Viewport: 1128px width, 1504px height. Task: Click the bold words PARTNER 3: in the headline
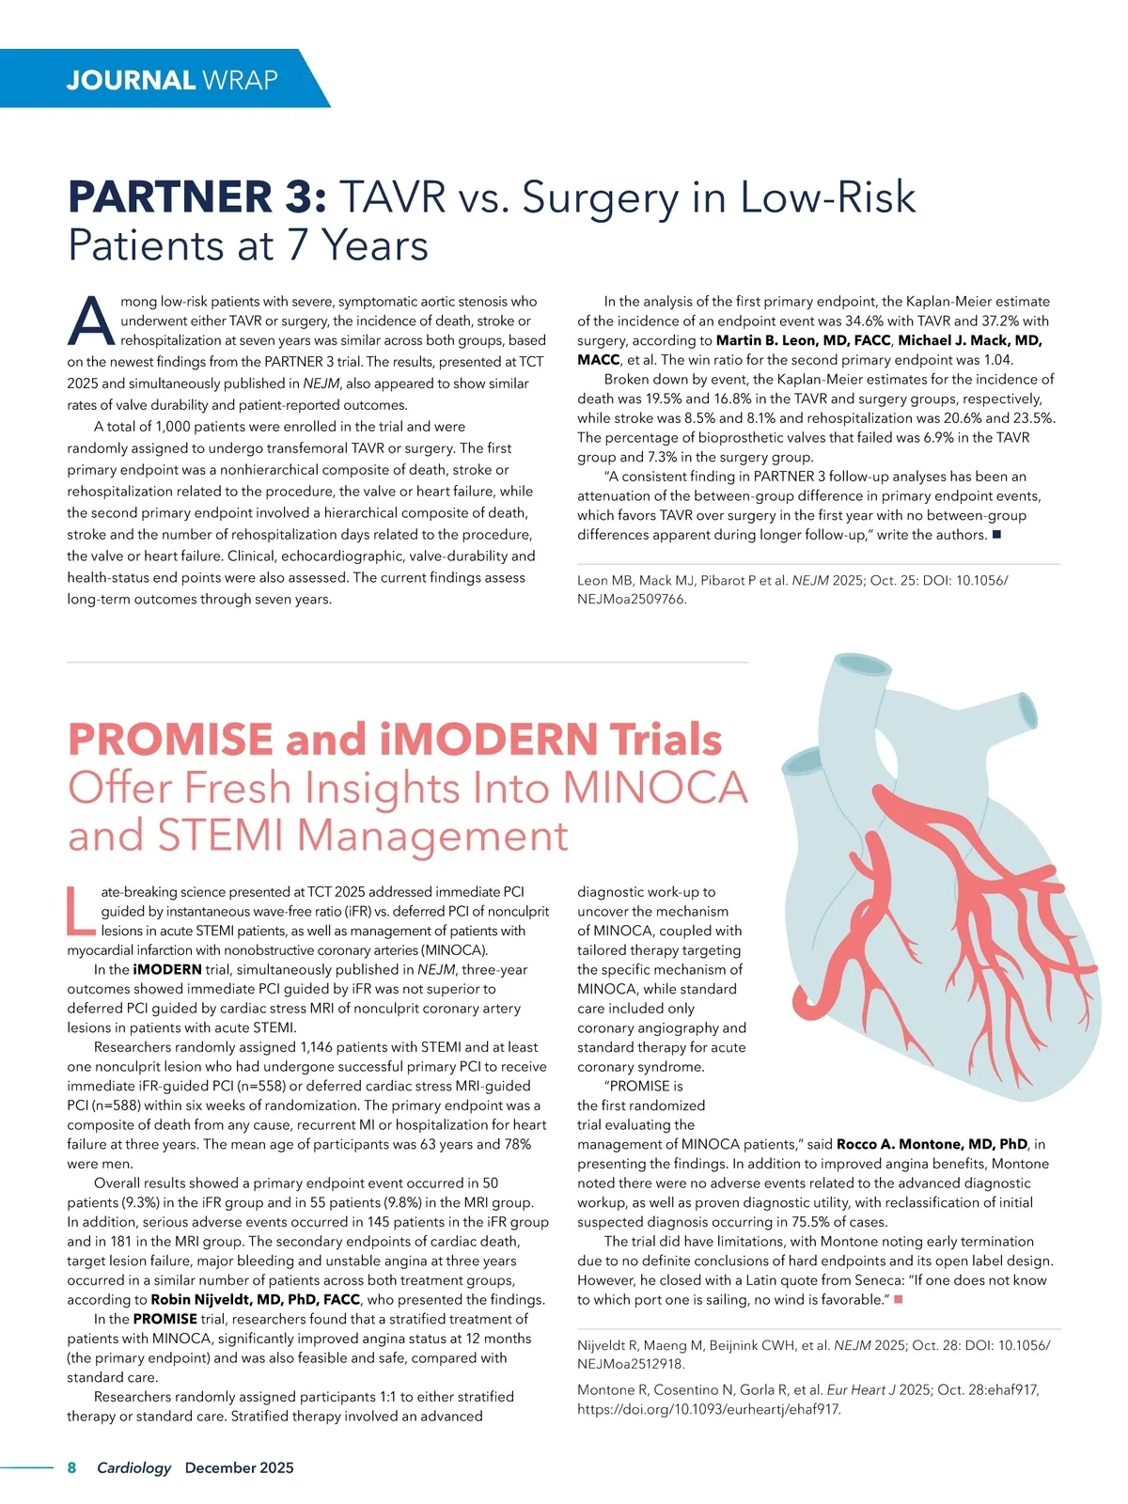tap(197, 198)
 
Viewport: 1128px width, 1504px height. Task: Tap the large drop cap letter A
tap(91, 321)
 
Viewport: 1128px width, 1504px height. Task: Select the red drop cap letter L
tap(81, 912)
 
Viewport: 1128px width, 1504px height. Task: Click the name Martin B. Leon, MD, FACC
tap(803, 340)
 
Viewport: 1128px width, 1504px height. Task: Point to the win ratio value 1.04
tap(998, 360)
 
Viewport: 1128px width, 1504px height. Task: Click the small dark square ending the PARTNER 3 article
tap(997, 535)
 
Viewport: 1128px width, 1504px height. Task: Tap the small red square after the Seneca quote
tap(899, 1299)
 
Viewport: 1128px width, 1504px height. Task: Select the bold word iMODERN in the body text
tap(167, 969)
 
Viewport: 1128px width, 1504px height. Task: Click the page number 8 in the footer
tap(72, 1467)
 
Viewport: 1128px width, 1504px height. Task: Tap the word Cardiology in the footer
tap(134, 1467)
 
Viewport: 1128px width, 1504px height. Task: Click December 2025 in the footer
tap(239, 1467)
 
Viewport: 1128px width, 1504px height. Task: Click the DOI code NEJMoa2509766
tap(632, 599)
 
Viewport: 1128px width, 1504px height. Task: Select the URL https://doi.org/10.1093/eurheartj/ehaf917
tap(709, 1409)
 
